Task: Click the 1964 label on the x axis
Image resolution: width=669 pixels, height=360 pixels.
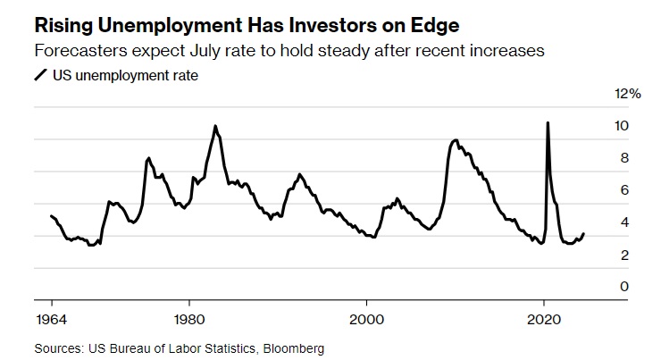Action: [x=50, y=318]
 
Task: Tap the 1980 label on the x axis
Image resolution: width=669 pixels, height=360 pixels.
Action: [x=188, y=318]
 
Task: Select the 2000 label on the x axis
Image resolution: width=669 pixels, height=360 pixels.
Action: [x=366, y=318]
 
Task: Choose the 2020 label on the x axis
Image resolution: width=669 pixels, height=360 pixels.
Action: [x=544, y=318]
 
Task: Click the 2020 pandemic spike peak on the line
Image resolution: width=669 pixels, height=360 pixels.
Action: [x=547, y=122]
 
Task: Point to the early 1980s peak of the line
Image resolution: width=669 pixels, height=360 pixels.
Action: [x=215, y=126]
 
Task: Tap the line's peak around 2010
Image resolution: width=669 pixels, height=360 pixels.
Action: [x=456, y=140]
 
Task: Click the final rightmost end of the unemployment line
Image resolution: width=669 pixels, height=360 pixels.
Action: [x=584, y=234]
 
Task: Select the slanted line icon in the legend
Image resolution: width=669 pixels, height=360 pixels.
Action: [x=39, y=76]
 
